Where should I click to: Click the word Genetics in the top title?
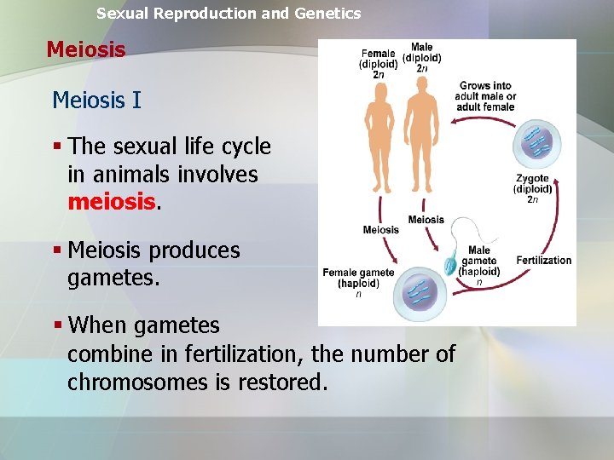coord(327,14)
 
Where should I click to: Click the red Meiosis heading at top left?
coord(86,49)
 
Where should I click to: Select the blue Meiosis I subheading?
coord(96,101)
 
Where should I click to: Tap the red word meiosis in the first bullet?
coord(111,203)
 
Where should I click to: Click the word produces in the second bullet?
coord(194,250)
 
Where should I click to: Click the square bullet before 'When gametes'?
coord(57,325)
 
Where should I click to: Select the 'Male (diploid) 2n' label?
coord(421,58)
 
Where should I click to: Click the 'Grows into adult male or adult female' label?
coord(485,96)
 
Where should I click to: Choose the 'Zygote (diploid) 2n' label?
coord(533,189)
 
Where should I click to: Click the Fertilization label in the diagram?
coord(543,260)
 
